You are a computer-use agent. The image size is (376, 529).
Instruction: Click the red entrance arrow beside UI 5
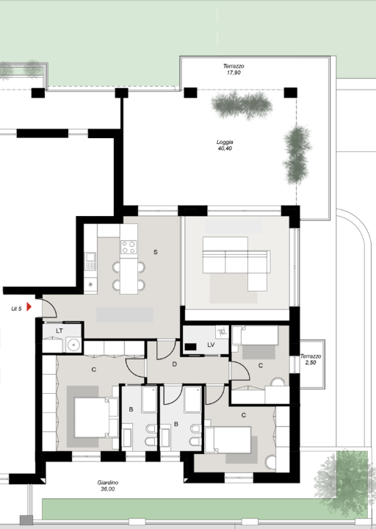29,306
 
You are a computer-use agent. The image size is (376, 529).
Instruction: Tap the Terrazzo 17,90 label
234,69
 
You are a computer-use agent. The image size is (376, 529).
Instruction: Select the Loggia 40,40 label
225,145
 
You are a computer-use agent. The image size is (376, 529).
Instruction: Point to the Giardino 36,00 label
107,486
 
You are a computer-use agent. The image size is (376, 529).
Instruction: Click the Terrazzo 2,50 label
311,359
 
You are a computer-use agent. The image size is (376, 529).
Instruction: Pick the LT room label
59,331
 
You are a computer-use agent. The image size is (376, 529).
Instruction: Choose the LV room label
211,345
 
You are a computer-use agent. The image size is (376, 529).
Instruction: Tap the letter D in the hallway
174,364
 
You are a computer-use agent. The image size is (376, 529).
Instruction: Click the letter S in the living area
156,252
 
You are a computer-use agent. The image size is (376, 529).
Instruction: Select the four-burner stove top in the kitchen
129,247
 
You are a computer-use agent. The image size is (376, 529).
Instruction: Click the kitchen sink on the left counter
90,261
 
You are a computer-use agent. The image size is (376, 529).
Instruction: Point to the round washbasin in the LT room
73,345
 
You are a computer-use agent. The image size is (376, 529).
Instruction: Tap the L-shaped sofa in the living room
236,263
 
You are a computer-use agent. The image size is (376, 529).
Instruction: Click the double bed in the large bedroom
96,417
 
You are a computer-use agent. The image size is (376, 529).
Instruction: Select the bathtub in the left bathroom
149,400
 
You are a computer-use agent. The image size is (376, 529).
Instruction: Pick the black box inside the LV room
190,347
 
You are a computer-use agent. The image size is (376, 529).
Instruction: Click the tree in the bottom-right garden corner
344,479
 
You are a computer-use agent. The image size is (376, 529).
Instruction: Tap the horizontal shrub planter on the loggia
242,104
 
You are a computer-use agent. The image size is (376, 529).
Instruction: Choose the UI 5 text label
17,309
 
